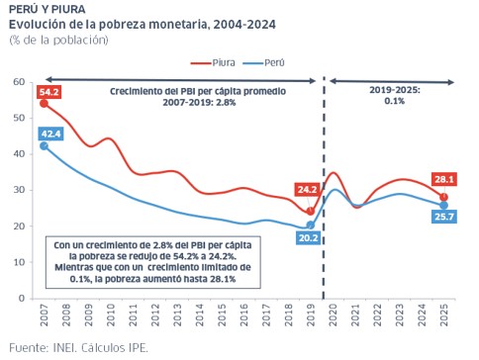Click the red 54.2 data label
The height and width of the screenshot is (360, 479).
pyautogui.click(x=49, y=92)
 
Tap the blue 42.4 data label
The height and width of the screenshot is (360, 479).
pyautogui.click(x=51, y=134)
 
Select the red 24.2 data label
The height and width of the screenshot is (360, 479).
pyautogui.click(x=307, y=190)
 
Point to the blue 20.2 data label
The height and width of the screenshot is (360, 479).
pyautogui.click(x=308, y=237)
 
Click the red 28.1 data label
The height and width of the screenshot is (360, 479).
pyautogui.click(x=444, y=179)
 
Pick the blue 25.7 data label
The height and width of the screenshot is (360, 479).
pyautogui.click(x=444, y=217)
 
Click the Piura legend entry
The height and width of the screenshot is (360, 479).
pyautogui.click(x=213, y=62)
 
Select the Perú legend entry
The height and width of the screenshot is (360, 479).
pyautogui.click(x=263, y=62)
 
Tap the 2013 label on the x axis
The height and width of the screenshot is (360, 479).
pyautogui.click(x=177, y=315)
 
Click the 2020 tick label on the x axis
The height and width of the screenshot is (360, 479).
pyautogui.click(x=334, y=315)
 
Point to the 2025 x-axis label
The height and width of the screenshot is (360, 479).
pyautogui.click(x=444, y=315)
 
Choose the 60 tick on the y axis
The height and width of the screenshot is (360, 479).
pyautogui.click(x=19, y=82)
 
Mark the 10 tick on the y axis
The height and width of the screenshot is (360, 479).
pyautogui.click(x=19, y=262)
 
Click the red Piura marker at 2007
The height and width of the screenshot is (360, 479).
pyautogui.click(x=44, y=104)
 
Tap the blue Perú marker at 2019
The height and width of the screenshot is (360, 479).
pyautogui.click(x=311, y=225)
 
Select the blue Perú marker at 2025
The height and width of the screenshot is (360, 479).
pyautogui.click(x=444, y=206)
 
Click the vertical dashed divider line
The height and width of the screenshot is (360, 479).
pyautogui.click(x=324, y=188)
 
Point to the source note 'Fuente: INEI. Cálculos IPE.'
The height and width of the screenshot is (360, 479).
pyautogui.click(x=78, y=347)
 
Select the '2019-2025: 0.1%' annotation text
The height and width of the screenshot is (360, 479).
pyautogui.click(x=395, y=95)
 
